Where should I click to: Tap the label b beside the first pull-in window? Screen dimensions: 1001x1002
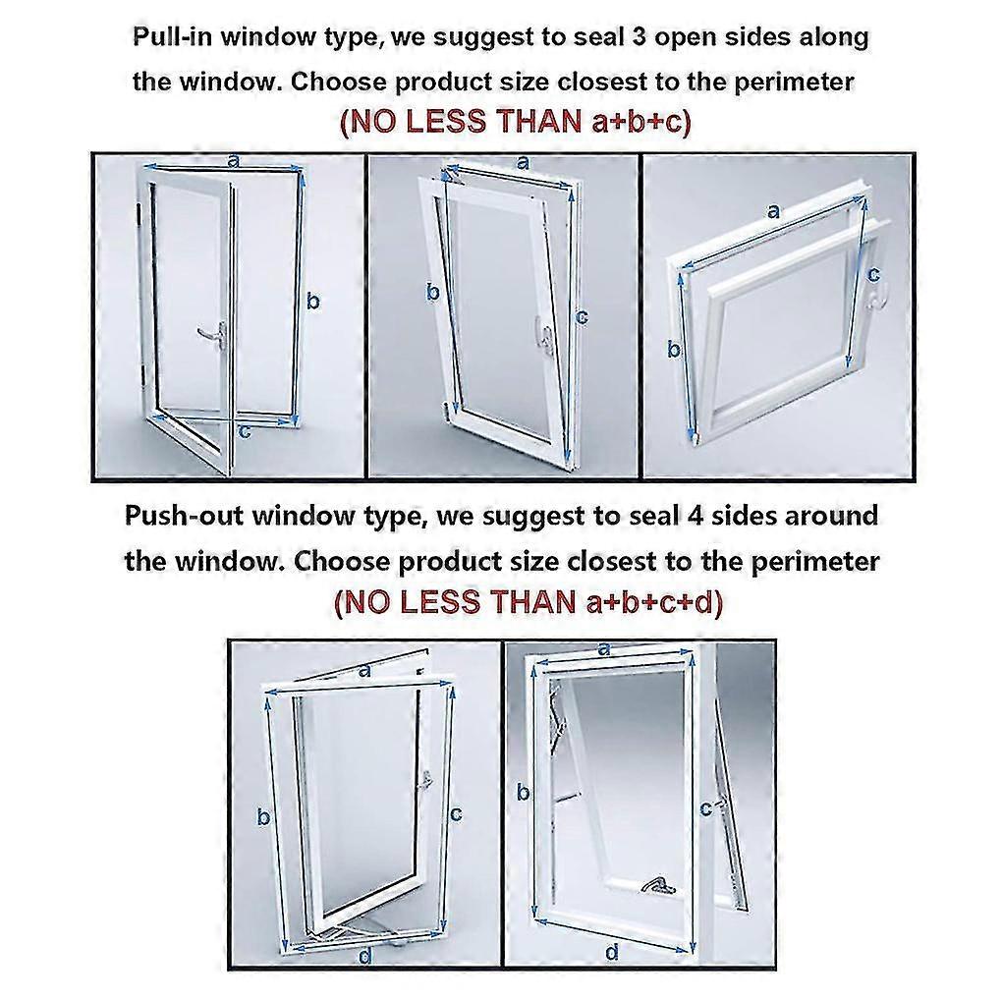[312, 302]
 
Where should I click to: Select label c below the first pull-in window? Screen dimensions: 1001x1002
[246, 429]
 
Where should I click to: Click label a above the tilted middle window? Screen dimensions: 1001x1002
[522, 161]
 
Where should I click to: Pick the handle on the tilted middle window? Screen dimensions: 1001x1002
[540, 334]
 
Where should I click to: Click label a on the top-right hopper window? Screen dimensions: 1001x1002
[773, 210]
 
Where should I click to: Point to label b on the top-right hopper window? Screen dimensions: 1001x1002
[675, 349]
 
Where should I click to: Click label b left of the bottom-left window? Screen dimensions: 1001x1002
[263, 815]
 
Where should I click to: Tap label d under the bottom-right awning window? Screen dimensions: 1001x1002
[611, 951]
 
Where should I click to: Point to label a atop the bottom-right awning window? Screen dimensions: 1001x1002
[604, 648]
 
